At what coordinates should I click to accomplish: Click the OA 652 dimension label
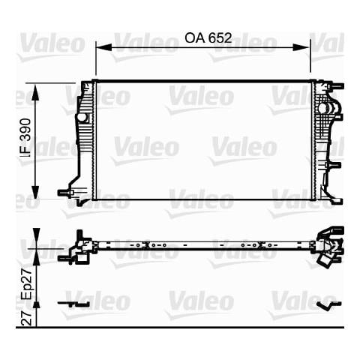(208, 38)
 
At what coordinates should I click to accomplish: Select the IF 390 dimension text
(26, 138)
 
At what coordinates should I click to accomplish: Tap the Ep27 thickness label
(26, 283)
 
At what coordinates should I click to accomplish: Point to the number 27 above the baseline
(26, 317)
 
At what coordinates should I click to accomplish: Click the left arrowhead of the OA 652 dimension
(103, 47)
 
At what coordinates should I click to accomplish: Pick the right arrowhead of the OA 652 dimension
(302, 47)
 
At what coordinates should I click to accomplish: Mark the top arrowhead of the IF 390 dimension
(36, 92)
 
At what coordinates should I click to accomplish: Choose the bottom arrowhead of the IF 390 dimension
(36, 192)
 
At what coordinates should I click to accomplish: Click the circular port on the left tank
(81, 117)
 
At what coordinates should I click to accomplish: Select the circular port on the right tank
(322, 108)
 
